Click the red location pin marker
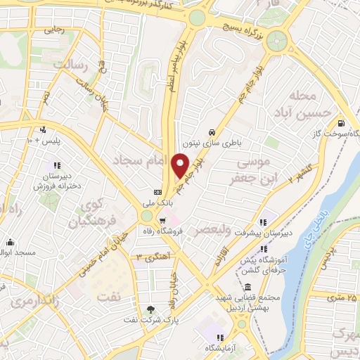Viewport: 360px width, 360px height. [181, 166]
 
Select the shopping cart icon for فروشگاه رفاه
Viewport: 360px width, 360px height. [162, 221]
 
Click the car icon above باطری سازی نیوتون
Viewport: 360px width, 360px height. [211, 132]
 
